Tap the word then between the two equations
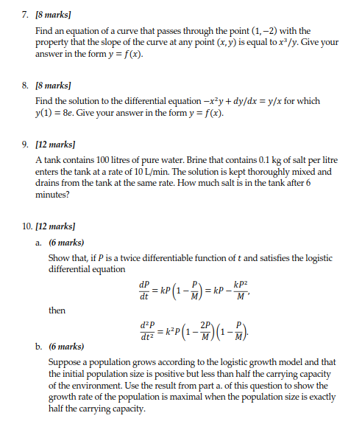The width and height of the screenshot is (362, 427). [57, 310]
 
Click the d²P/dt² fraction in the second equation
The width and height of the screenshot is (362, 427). [147, 330]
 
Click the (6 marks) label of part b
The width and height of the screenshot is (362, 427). [66, 346]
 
